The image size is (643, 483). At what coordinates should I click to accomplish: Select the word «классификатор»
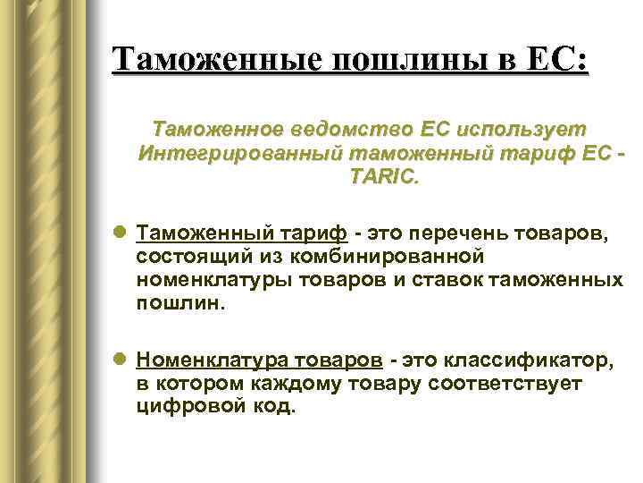point(522,360)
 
